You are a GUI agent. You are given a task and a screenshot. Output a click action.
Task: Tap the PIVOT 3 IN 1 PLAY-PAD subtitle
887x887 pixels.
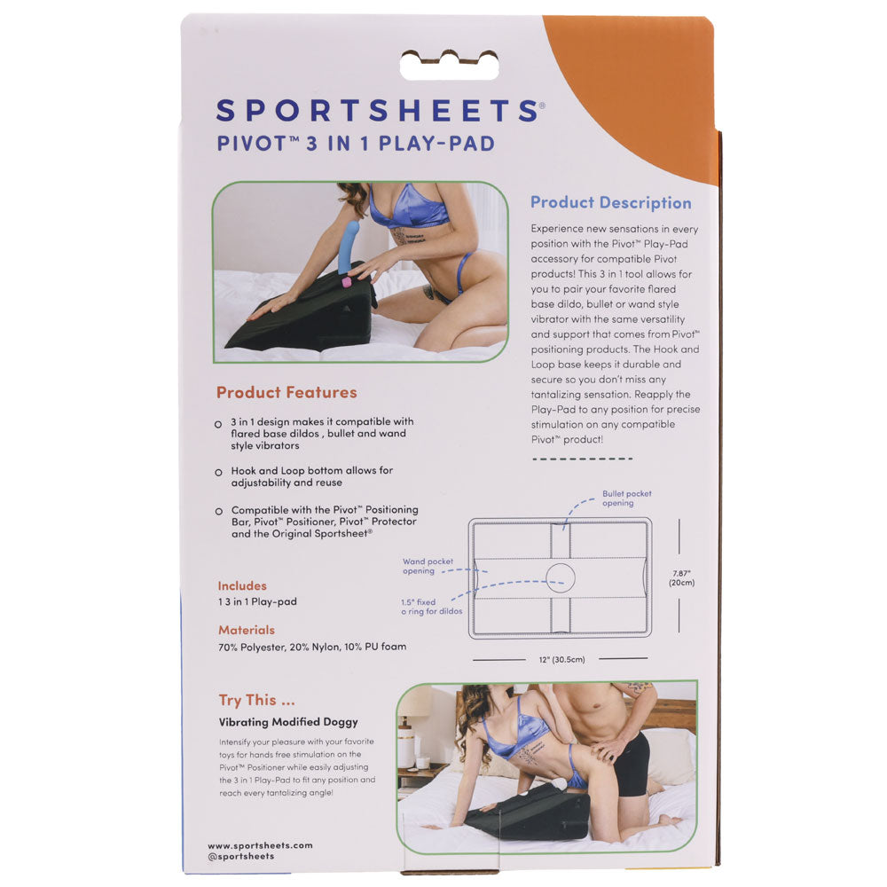(356, 143)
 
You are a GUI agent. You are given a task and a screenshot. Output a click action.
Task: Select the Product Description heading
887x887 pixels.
(611, 202)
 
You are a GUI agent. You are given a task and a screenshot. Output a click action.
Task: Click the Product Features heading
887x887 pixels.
(287, 392)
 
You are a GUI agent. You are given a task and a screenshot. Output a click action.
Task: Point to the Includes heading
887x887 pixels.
(242, 585)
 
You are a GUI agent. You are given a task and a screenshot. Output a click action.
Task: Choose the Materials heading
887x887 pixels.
(247, 630)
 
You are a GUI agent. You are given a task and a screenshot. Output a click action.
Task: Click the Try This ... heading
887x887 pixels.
(257, 701)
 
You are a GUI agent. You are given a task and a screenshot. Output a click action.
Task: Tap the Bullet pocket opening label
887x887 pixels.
(626, 498)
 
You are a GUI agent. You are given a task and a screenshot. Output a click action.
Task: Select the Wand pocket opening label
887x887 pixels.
(428, 566)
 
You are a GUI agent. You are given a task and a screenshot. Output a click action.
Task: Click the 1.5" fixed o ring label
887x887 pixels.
(432, 607)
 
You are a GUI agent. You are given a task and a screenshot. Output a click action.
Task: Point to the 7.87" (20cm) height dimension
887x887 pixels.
(681, 577)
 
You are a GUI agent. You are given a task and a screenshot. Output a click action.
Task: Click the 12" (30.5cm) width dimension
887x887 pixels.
(561, 660)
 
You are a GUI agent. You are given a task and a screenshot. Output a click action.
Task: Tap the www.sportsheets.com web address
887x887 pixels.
(260, 845)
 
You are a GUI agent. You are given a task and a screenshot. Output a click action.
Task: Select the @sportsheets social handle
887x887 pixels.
(241, 857)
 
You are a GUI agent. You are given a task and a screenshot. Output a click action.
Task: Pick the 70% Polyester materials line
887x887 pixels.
(312, 647)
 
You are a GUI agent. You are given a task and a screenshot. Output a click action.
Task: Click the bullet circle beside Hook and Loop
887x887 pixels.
(218, 473)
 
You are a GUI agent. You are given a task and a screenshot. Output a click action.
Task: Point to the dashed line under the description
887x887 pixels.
(582, 459)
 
